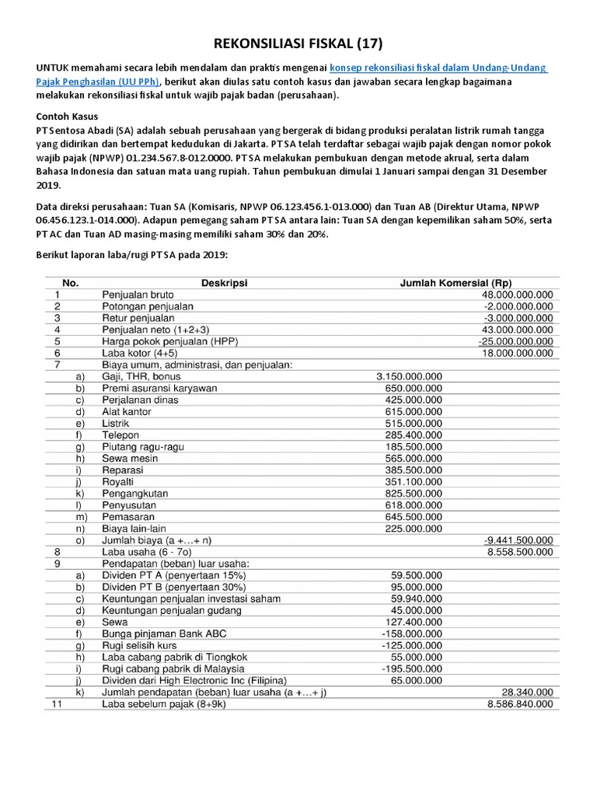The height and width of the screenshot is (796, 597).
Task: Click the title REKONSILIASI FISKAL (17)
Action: click(298, 43)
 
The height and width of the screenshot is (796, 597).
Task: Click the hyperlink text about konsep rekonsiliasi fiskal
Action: click(439, 68)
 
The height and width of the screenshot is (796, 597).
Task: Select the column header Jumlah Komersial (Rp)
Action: click(456, 283)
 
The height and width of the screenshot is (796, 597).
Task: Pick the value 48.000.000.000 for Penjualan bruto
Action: click(517, 295)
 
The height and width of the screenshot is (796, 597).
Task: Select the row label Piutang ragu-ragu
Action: click(141, 447)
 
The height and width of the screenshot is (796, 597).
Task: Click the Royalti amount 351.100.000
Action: click(414, 482)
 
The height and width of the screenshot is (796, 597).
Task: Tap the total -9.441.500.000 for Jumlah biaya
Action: click(518, 540)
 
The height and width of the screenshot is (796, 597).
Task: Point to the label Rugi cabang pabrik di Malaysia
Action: click(173, 669)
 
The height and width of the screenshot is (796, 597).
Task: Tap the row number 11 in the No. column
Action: click(56, 704)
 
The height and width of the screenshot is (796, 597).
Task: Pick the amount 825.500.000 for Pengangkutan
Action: click(414, 494)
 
